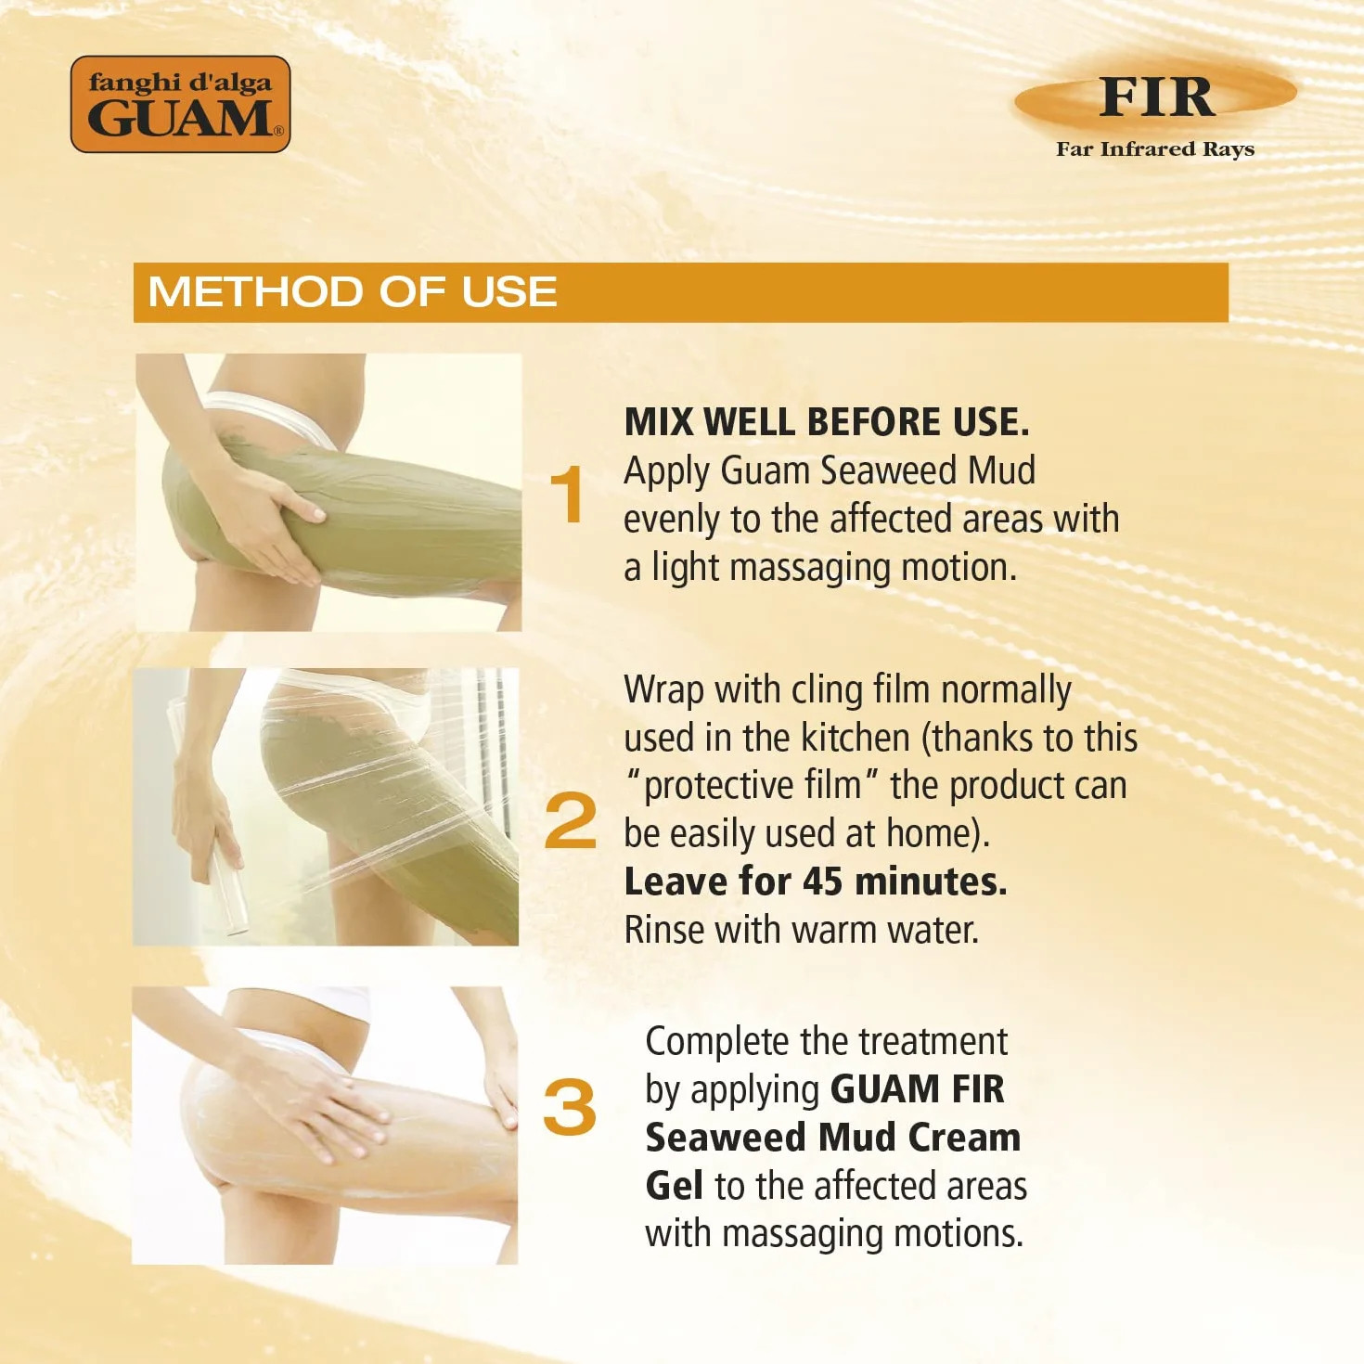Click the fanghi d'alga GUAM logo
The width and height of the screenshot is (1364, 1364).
181,104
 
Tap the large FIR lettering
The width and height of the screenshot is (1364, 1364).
1156,97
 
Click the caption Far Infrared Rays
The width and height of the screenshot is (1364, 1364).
1155,149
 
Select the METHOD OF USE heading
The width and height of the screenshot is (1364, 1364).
353,291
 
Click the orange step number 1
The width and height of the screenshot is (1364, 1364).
568,495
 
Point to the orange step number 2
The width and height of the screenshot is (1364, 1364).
570,820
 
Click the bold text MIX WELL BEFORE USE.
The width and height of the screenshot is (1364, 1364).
826,422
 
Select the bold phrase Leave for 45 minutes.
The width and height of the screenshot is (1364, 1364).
816,882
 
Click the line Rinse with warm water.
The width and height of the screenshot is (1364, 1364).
802,930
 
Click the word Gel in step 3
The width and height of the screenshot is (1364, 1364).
675,1186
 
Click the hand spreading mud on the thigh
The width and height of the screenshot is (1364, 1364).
265,509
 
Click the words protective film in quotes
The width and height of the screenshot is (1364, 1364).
753,787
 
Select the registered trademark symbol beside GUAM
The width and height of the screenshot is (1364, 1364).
278,130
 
